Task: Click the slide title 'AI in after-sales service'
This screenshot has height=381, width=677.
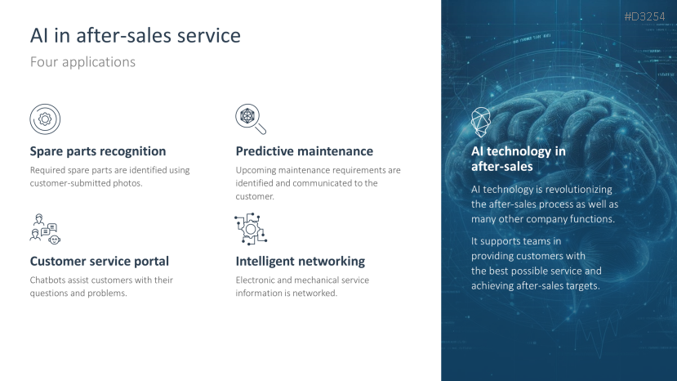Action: point(135,36)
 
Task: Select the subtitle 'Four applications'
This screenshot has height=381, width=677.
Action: point(82,61)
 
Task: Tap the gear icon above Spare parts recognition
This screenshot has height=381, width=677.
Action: point(45,119)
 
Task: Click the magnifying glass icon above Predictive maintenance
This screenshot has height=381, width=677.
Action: point(250,119)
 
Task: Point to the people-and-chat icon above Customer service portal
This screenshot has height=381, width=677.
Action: point(45,229)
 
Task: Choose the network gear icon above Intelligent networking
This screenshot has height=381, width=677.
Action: point(250,229)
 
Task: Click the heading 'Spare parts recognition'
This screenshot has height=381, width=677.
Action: point(98,151)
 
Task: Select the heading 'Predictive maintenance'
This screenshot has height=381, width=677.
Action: point(304,151)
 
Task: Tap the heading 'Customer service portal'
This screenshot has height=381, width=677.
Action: point(100,262)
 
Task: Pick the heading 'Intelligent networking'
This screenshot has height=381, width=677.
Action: point(300,262)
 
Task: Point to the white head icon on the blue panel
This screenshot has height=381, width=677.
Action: point(481,122)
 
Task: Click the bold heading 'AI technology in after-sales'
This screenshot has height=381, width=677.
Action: point(518,159)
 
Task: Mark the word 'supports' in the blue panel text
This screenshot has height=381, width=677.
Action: point(506,241)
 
